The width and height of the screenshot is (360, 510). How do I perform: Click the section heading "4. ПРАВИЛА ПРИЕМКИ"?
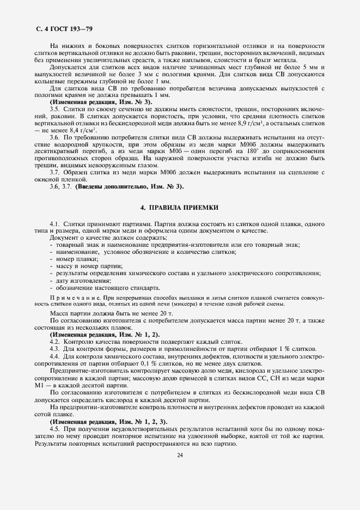[179, 207]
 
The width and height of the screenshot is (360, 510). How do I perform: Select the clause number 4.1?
[54, 224]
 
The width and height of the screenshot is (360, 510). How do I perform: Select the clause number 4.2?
[54, 341]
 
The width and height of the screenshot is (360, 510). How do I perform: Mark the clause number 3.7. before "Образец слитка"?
[55, 173]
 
